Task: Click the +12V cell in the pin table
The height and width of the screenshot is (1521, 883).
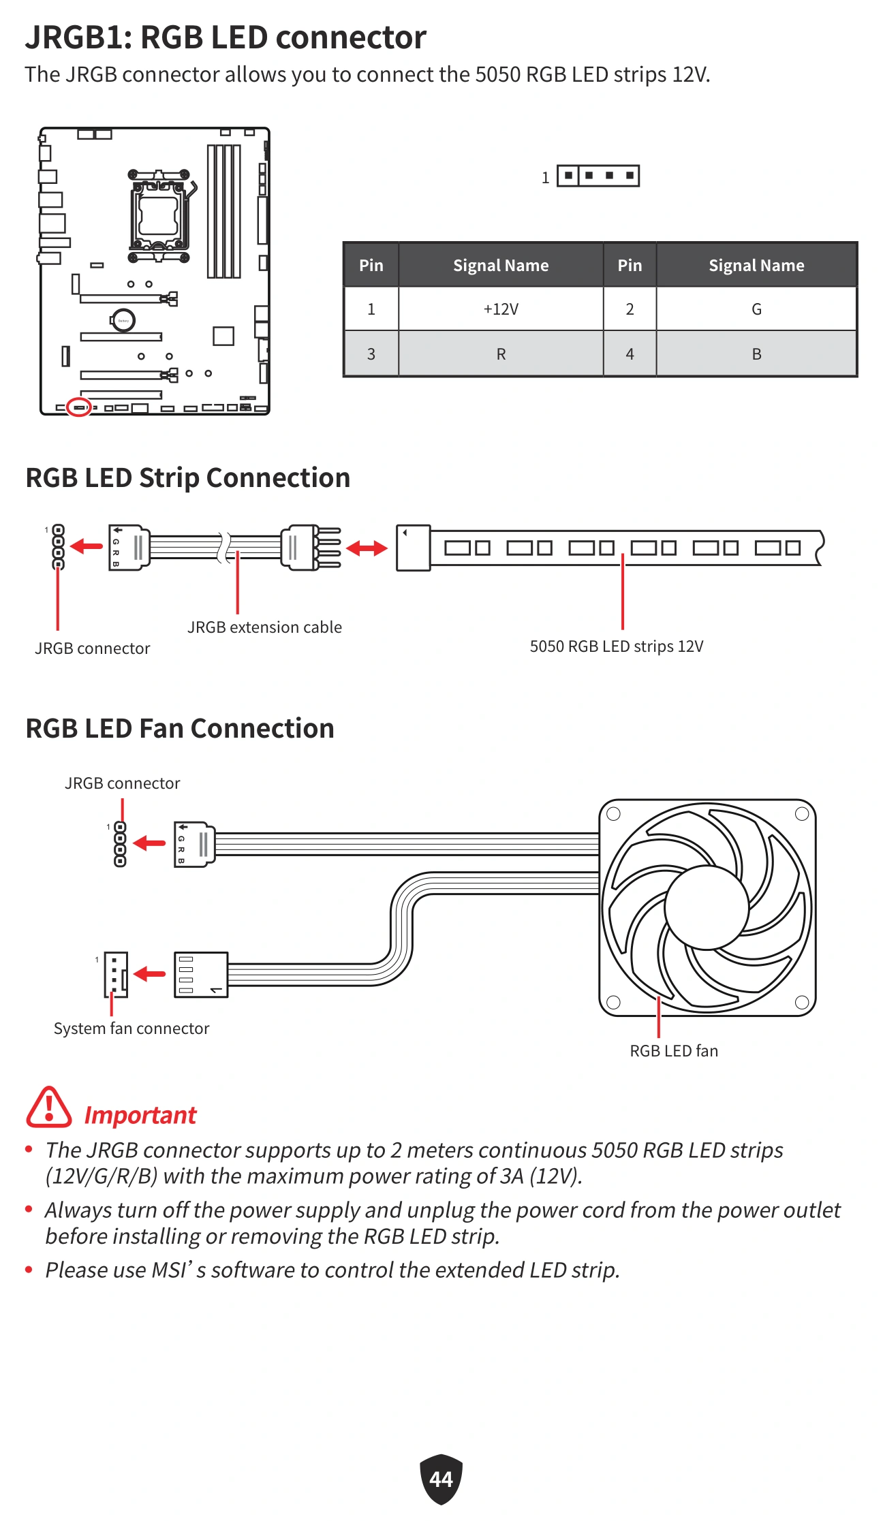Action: point(501,309)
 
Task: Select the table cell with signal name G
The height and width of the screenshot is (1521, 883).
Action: point(756,309)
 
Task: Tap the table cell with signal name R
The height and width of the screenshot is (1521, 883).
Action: point(501,354)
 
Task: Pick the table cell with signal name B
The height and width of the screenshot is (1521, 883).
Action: point(756,354)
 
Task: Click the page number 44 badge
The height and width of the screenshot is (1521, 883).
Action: point(441,1479)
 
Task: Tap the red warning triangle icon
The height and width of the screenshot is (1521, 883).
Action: point(48,1108)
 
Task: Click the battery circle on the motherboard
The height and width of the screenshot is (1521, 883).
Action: point(123,320)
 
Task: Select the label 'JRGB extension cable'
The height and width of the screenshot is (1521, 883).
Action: point(264,627)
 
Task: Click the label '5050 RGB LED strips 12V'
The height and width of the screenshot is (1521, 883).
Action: point(617,646)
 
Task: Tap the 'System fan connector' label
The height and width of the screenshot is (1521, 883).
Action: point(131,1029)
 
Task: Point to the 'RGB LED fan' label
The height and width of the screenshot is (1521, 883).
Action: point(674,1051)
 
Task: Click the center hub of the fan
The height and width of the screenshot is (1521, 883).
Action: point(707,907)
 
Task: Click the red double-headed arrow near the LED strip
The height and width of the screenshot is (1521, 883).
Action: point(367,548)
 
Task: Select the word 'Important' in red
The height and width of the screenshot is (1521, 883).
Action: point(140,1115)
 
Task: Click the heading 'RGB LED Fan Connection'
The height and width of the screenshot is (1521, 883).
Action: point(180,728)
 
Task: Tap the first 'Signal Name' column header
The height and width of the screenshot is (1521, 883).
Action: point(501,266)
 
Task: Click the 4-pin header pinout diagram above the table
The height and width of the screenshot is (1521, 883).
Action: point(598,176)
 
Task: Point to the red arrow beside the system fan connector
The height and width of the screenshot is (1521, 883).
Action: point(150,974)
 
